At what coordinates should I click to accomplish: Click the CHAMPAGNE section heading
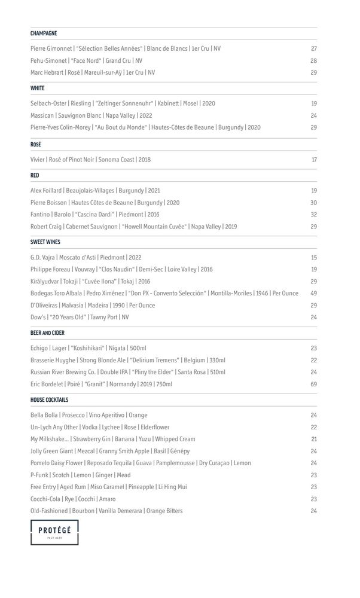pos(44,33)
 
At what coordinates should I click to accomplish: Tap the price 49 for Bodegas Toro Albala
pos(313,293)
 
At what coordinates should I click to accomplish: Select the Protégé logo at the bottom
pos(54,532)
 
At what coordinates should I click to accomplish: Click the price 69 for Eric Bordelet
pos(313,384)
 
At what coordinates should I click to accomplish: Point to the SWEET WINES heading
pos(45,242)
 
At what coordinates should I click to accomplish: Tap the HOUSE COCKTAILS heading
pos(49,399)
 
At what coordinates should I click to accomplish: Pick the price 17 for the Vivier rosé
pos(314,160)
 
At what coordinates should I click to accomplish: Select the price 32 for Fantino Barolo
pos(314,215)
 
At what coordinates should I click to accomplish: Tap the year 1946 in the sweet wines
pos(261,293)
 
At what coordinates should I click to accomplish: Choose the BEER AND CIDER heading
pos(48,333)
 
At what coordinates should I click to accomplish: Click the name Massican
pos(42,115)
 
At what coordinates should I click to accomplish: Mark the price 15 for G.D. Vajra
pos(314,257)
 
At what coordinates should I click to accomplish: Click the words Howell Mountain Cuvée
pos(155,227)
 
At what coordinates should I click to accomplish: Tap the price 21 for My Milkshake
pos(314,439)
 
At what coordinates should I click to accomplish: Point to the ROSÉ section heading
pos(36,145)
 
